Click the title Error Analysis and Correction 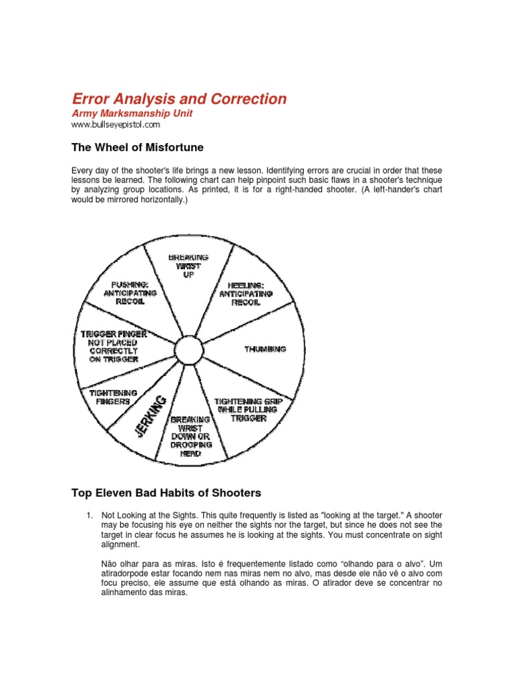click(179, 100)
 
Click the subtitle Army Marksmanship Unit click(132, 114)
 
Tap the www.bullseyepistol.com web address click(116, 124)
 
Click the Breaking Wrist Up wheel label click(188, 266)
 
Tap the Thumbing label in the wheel click(266, 349)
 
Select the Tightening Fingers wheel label click(114, 397)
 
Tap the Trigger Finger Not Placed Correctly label click(114, 345)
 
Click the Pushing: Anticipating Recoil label click(130, 292)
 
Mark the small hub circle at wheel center click(188, 350)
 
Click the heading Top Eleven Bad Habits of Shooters click(166, 493)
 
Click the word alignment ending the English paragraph click(120, 544)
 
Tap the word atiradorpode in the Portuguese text click(127, 574)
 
